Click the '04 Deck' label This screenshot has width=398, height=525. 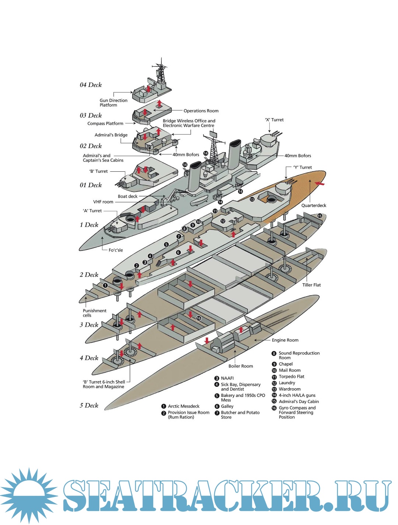click(x=91, y=85)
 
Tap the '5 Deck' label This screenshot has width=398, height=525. click(x=89, y=405)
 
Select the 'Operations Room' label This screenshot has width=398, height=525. click(x=201, y=111)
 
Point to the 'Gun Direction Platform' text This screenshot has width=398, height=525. click(x=113, y=103)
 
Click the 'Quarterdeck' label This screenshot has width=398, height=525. click(x=314, y=206)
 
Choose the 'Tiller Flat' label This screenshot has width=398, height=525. click(x=311, y=285)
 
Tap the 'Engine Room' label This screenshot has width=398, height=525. click(x=285, y=340)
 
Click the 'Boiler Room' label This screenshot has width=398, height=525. click(x=241, y=366)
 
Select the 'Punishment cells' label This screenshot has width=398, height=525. click(x=94, y=313)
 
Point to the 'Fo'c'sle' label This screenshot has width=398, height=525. click(x=116, y=250)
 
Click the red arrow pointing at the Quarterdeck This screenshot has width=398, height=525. click(x=320, y=183)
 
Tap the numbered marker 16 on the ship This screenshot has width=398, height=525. click(x=199, y=318)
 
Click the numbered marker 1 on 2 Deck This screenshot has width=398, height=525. click(x=105, y=285)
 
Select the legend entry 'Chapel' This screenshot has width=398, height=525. click(x=286, y=364)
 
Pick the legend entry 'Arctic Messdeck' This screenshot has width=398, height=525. click(x=184, y=406)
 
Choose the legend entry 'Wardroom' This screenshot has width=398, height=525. click(x=289, y=389)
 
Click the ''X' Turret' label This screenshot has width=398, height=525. click(x=274, y=120)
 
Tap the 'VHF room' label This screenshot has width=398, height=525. click(x=103, y=202)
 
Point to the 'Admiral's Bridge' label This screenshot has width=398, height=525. click(x=111, y=135)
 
